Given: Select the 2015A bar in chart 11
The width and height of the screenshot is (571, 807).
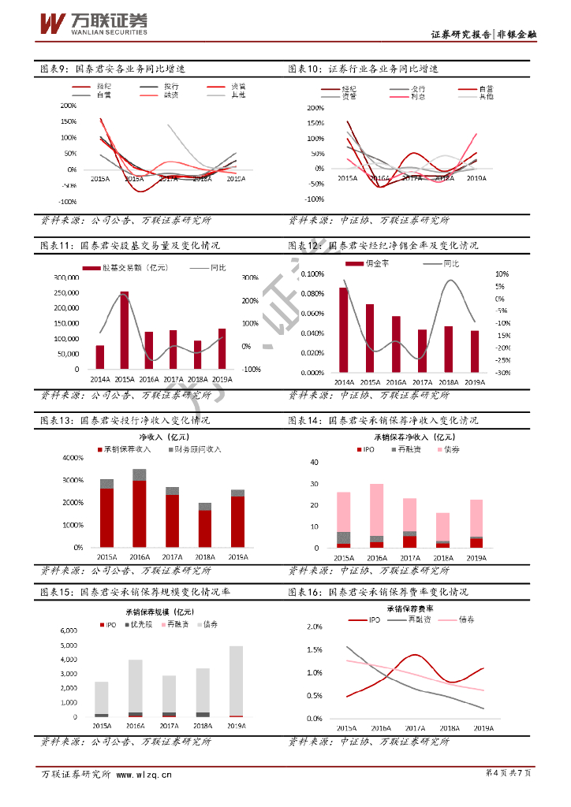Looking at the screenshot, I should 125,329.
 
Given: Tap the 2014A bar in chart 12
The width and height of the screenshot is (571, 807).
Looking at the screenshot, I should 344,329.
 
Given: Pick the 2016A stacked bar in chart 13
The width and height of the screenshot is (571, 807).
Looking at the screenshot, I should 140,508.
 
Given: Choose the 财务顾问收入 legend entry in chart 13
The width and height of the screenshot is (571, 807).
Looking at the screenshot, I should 193,449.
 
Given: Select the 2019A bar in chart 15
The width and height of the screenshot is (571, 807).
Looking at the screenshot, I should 237,681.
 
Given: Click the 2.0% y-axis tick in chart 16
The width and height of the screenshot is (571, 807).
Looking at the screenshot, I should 314,627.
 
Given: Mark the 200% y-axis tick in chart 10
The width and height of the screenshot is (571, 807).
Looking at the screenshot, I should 315,107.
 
